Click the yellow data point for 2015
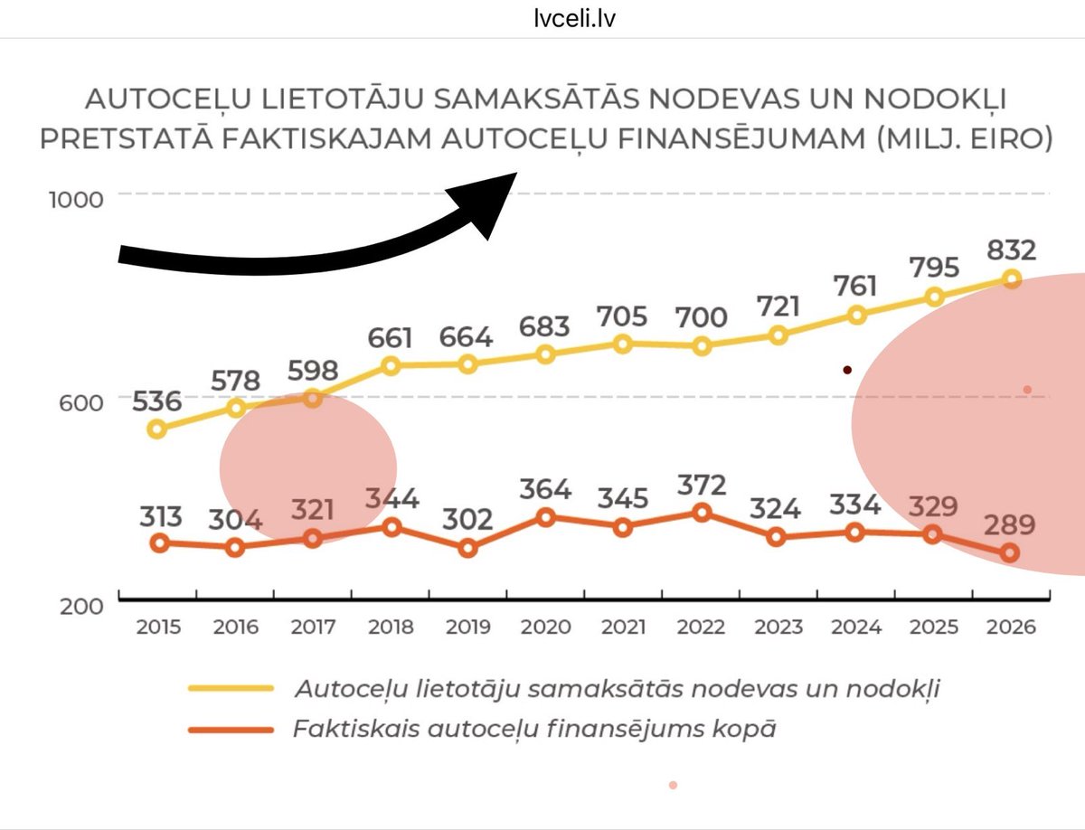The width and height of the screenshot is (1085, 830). tap(157, 429)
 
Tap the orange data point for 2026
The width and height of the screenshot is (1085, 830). tap(1011, 552)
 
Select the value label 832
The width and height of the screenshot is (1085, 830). tap(1011, 250)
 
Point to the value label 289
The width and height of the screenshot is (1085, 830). tap(1011, 524)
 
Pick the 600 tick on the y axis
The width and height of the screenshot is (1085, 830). tap(81, 401)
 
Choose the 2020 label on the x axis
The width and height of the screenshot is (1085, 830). tap(546, 627)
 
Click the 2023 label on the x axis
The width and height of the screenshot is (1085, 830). tap(778, 627)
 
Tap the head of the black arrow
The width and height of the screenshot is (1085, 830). tap(489, 203)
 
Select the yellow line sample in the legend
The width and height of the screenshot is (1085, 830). tap(231, 689)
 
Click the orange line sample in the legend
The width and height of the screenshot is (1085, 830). tap(231, 730)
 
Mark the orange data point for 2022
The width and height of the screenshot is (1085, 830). tap(701, 513)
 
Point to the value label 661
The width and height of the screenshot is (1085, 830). tap(390, 337)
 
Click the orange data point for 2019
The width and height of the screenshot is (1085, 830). tap(467, 548)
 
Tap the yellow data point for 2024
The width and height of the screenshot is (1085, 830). tap(856, 315)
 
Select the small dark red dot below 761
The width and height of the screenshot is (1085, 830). tap(847, 370)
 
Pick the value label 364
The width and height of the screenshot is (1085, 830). tap(545, 489)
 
